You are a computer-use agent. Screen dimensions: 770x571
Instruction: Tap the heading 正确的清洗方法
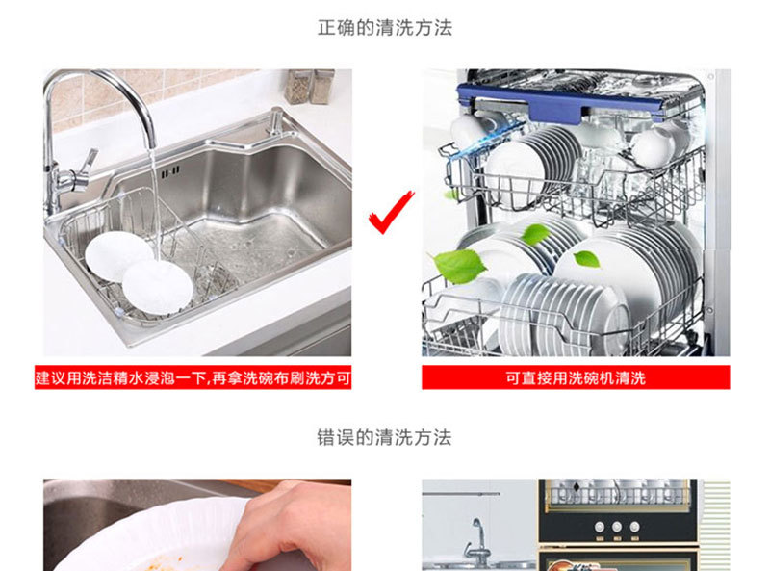pos(384,28)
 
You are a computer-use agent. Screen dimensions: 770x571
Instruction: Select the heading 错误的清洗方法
pos(384,437)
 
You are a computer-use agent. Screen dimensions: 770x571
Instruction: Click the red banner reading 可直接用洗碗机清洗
pos(576,377)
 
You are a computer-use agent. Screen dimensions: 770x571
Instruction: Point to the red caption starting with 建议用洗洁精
pos(193,377)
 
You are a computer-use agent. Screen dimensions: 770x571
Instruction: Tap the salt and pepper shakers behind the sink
pos(310,87)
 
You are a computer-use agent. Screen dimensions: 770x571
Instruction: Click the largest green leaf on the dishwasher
pos(459,266)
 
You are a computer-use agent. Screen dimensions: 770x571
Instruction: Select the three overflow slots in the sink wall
pos(170,172)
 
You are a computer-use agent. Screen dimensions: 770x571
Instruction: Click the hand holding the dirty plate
pos(290,526)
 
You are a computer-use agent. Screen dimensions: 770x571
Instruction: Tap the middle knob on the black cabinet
pos(617,527)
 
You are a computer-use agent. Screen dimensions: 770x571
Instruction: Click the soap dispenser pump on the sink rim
pos(275,121)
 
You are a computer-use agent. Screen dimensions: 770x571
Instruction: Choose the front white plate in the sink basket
pos(157,288)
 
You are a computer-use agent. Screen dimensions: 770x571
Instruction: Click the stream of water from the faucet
pos(155,201)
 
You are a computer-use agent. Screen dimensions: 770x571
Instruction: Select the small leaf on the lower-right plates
pos(587,259)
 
